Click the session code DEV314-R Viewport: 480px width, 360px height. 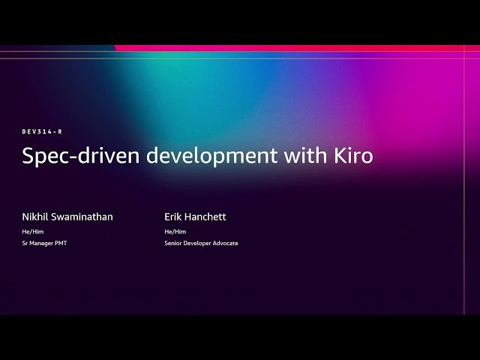point(42,131)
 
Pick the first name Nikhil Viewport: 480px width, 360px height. point(36,217)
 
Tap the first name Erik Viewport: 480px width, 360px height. point(174,217)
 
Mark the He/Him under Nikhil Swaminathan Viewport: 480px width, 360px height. point(33,232)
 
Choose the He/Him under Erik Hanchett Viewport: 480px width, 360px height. point(175,232)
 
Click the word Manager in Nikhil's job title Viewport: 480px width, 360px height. point(42,243)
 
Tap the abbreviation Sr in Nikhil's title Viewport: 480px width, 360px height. point(25,243)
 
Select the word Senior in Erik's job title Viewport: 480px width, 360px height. point(174,243)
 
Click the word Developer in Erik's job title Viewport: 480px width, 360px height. point(201,243)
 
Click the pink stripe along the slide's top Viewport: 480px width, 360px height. point(300,48)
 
